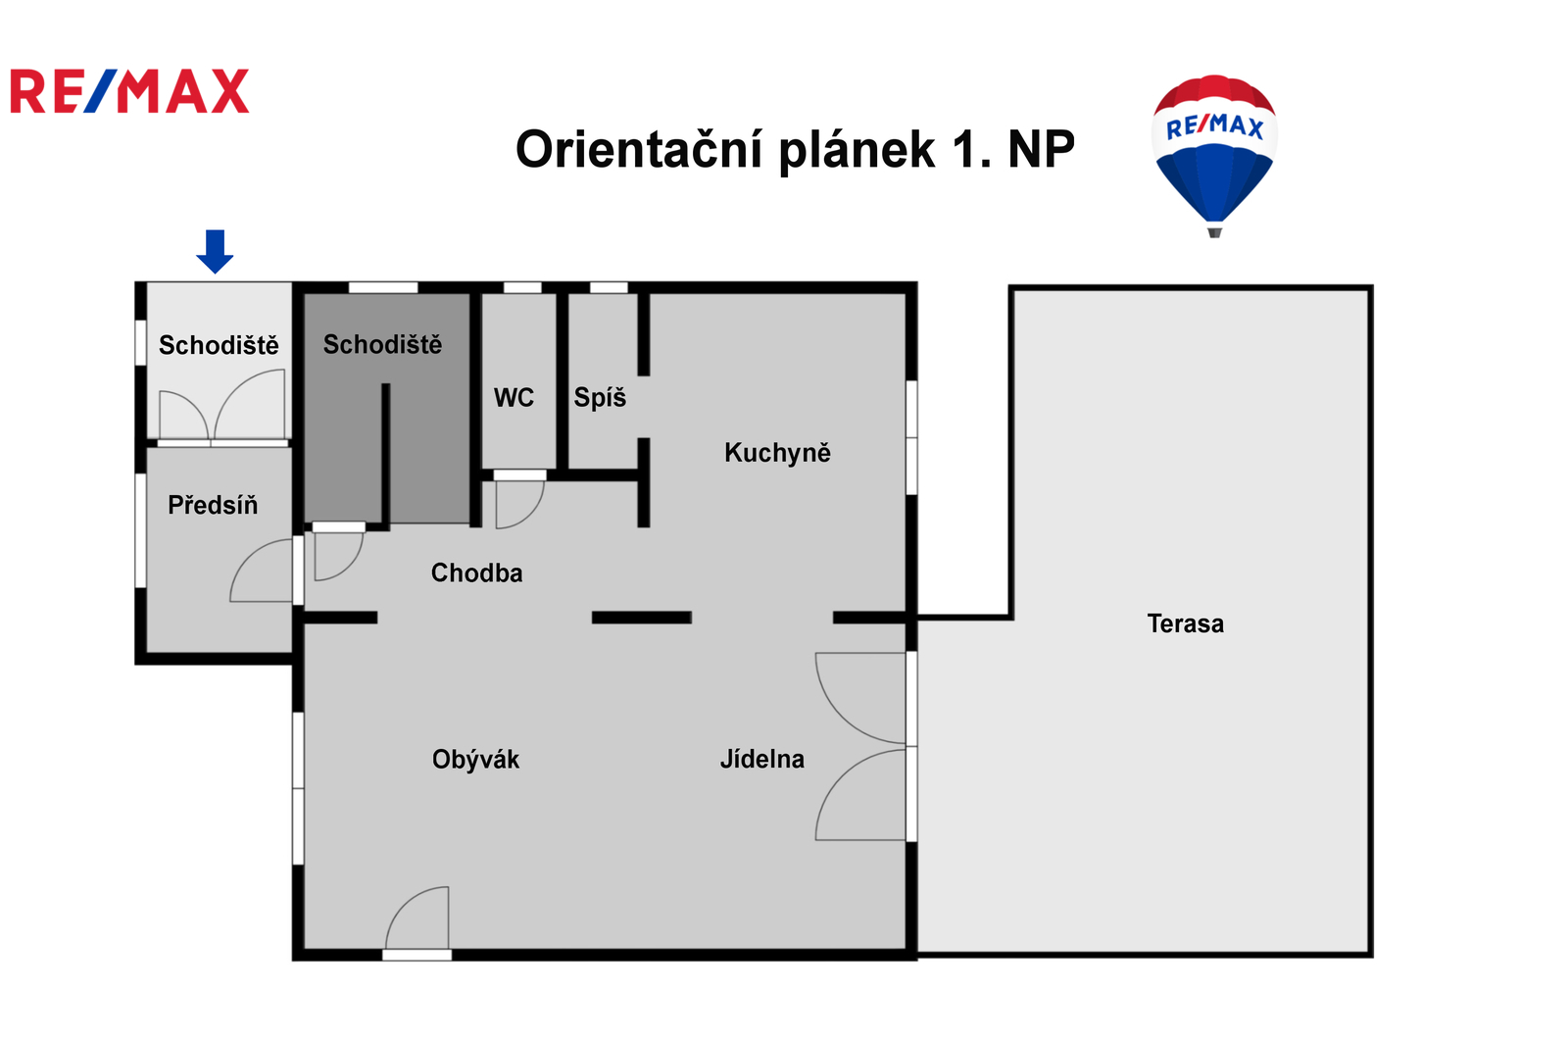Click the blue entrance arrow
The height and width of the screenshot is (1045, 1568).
click(215, 251)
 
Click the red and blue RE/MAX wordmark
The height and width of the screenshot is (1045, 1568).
click(129, 91)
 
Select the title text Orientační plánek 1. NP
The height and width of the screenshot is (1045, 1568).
click(795, 149)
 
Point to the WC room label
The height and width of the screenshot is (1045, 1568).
click(514, 398)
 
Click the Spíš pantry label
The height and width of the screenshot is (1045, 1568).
click(600, 397)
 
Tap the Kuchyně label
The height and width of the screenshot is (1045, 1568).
click(777, 453)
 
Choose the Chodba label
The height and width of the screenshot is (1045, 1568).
click(476, 572)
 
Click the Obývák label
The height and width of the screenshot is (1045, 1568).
click(475, 759)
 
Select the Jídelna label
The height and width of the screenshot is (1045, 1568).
click(762, 759)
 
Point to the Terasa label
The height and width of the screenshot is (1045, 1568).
click(1185, 623)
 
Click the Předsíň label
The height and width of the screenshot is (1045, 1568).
click(213, 504)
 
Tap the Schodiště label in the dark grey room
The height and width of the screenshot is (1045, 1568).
click(382, 344)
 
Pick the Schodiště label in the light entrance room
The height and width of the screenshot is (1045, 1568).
click(219, 345)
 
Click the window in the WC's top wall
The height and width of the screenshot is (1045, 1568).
click(523, 287)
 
